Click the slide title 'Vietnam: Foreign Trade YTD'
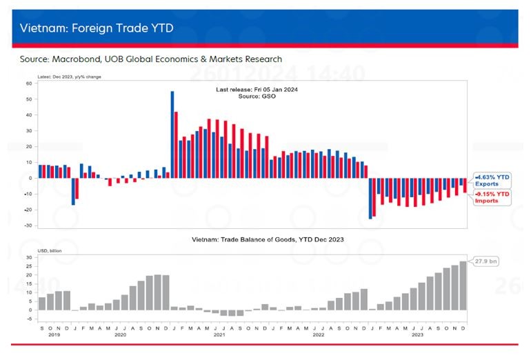97,28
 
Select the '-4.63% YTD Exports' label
493,180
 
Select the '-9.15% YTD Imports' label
493,197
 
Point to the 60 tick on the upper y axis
29,83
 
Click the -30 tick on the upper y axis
28,226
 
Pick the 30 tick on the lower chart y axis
30,257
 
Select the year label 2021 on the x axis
219,334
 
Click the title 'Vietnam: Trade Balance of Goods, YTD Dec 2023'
268,239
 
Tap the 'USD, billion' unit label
49,250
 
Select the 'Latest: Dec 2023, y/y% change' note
69,77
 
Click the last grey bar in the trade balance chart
463,286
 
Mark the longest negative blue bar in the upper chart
370,198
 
